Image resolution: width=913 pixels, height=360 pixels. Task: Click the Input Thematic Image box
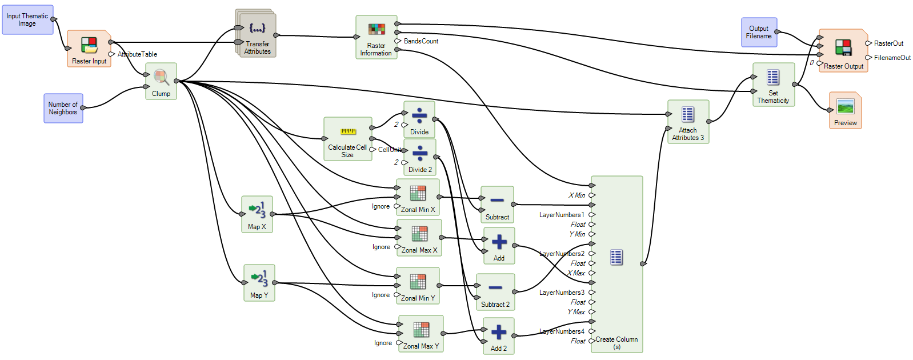point(27,20)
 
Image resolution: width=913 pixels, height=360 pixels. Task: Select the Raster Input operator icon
point(89,45)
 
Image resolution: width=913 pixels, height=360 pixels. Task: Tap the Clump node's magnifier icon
point(161,77)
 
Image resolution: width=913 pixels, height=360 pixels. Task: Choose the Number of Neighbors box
point(63,109)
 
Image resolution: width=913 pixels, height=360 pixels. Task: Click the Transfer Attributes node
point(257,34)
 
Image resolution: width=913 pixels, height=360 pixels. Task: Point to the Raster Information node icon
point(377,29)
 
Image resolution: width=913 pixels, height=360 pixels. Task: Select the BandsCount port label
point(421,41)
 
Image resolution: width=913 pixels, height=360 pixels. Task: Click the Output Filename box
point(759,33)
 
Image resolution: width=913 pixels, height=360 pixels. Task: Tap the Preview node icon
point(845,106)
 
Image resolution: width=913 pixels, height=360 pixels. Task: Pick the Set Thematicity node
point(773,84)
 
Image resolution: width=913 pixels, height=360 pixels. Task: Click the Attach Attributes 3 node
point(688,121)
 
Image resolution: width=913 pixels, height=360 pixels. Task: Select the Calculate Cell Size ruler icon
point(348,131)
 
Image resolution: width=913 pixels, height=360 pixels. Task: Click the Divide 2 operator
point(420,157)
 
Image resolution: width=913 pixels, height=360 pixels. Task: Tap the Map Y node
point(259,282)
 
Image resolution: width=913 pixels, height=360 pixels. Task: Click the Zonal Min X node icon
point(418,193)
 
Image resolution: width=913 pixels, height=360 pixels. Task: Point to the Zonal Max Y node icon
point(421,330)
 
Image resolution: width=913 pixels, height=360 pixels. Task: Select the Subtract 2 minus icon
point(495,288)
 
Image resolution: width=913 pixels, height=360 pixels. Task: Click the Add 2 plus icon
point(499,332)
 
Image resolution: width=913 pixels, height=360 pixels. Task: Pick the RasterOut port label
point(888,43)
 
